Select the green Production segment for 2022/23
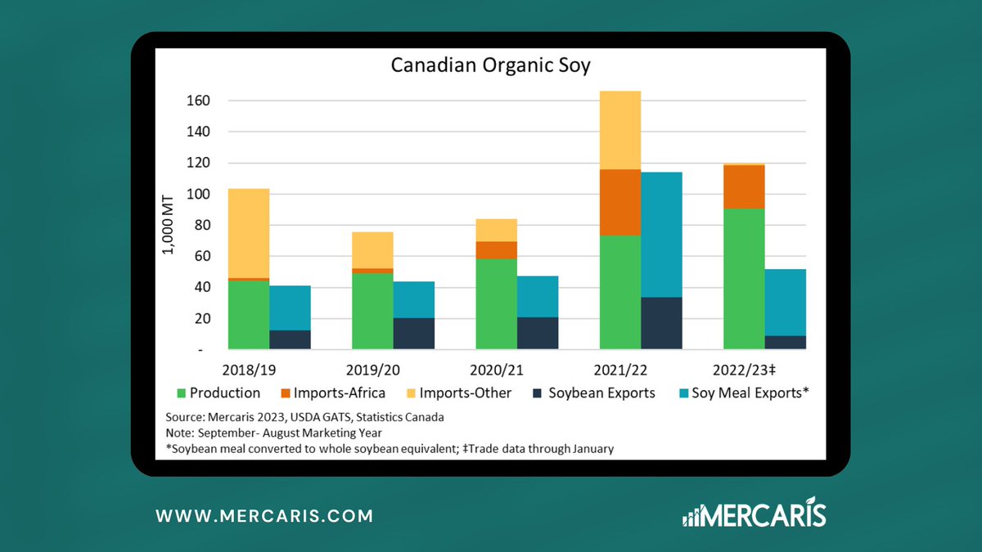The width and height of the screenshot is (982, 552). point(744,278)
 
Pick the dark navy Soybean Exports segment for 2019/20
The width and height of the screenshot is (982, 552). point(414,334)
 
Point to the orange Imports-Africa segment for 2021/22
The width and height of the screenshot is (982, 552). point(620,202)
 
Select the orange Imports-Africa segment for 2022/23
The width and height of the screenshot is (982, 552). point(744,187)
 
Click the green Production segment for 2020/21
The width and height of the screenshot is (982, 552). point(497,303)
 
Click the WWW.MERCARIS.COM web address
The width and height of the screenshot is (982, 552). point(264,516)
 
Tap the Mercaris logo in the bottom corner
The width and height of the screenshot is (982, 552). point(754,515)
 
